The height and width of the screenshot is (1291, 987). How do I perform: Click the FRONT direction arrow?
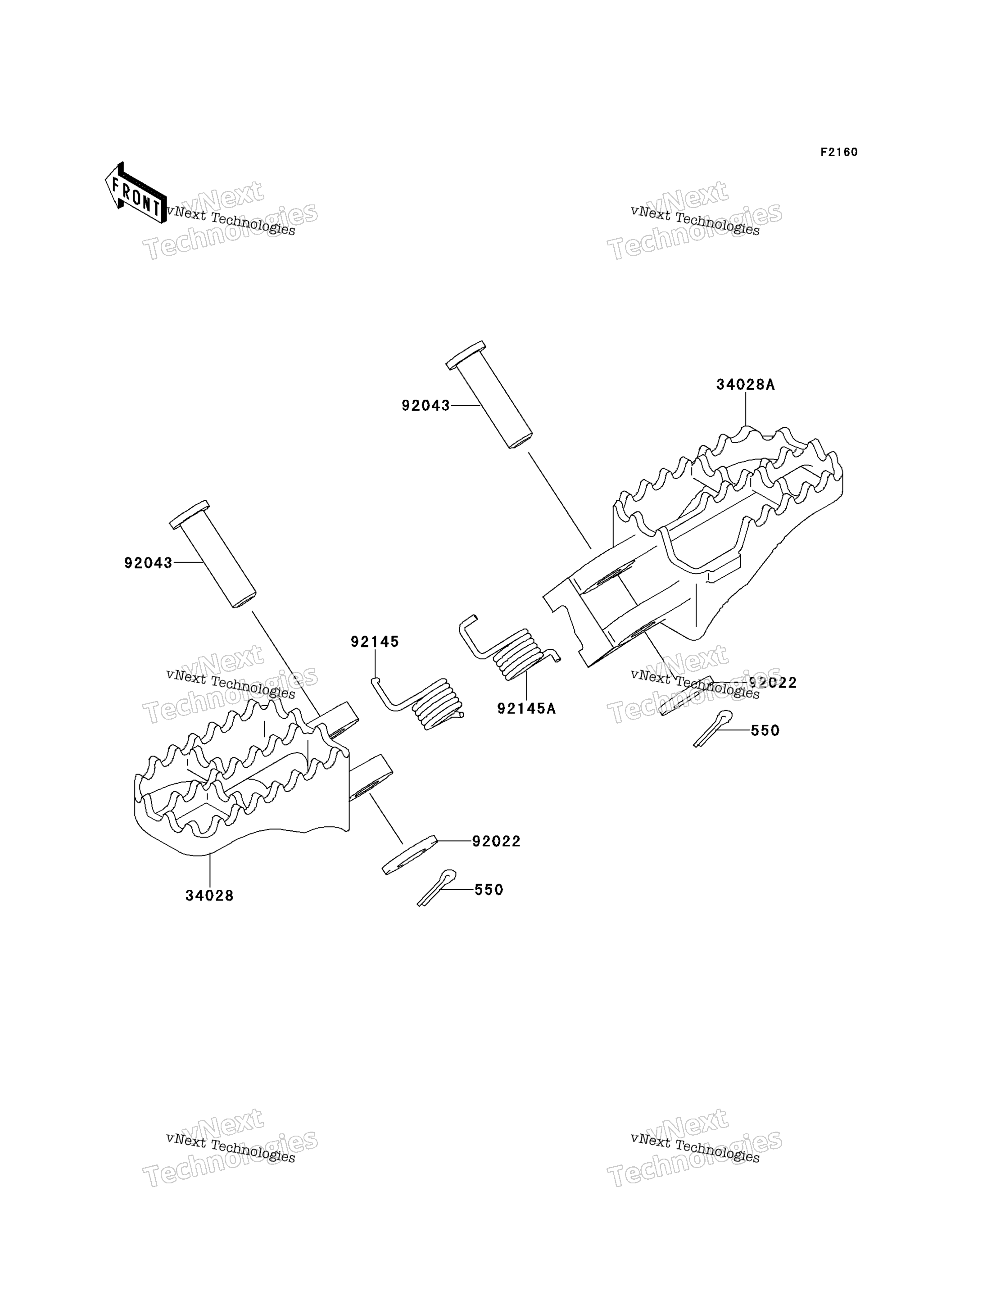point(136,193)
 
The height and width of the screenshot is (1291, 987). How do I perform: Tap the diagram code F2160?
point(839,152)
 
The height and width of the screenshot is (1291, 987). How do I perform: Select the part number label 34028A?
point(746,385)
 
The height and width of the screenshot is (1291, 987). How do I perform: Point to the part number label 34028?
point(210,896)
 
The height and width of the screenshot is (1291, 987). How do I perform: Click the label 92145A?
point(526,709)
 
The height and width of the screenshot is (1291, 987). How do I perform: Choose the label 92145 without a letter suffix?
point(375,642)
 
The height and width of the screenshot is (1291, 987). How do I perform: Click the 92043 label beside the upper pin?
point(426,405)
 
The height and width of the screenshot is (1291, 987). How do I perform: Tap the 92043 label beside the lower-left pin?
point(148,563)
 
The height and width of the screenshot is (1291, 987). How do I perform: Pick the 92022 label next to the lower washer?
point(497,842)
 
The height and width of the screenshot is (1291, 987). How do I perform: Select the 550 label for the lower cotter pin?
point(489,890)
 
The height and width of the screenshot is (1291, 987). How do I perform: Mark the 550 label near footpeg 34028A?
point(765,730)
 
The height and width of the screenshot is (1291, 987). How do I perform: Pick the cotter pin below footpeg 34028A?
point(713,729)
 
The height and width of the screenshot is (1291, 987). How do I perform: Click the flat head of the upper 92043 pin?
point(466,355)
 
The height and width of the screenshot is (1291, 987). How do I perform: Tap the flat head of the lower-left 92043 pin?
point(189,515)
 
